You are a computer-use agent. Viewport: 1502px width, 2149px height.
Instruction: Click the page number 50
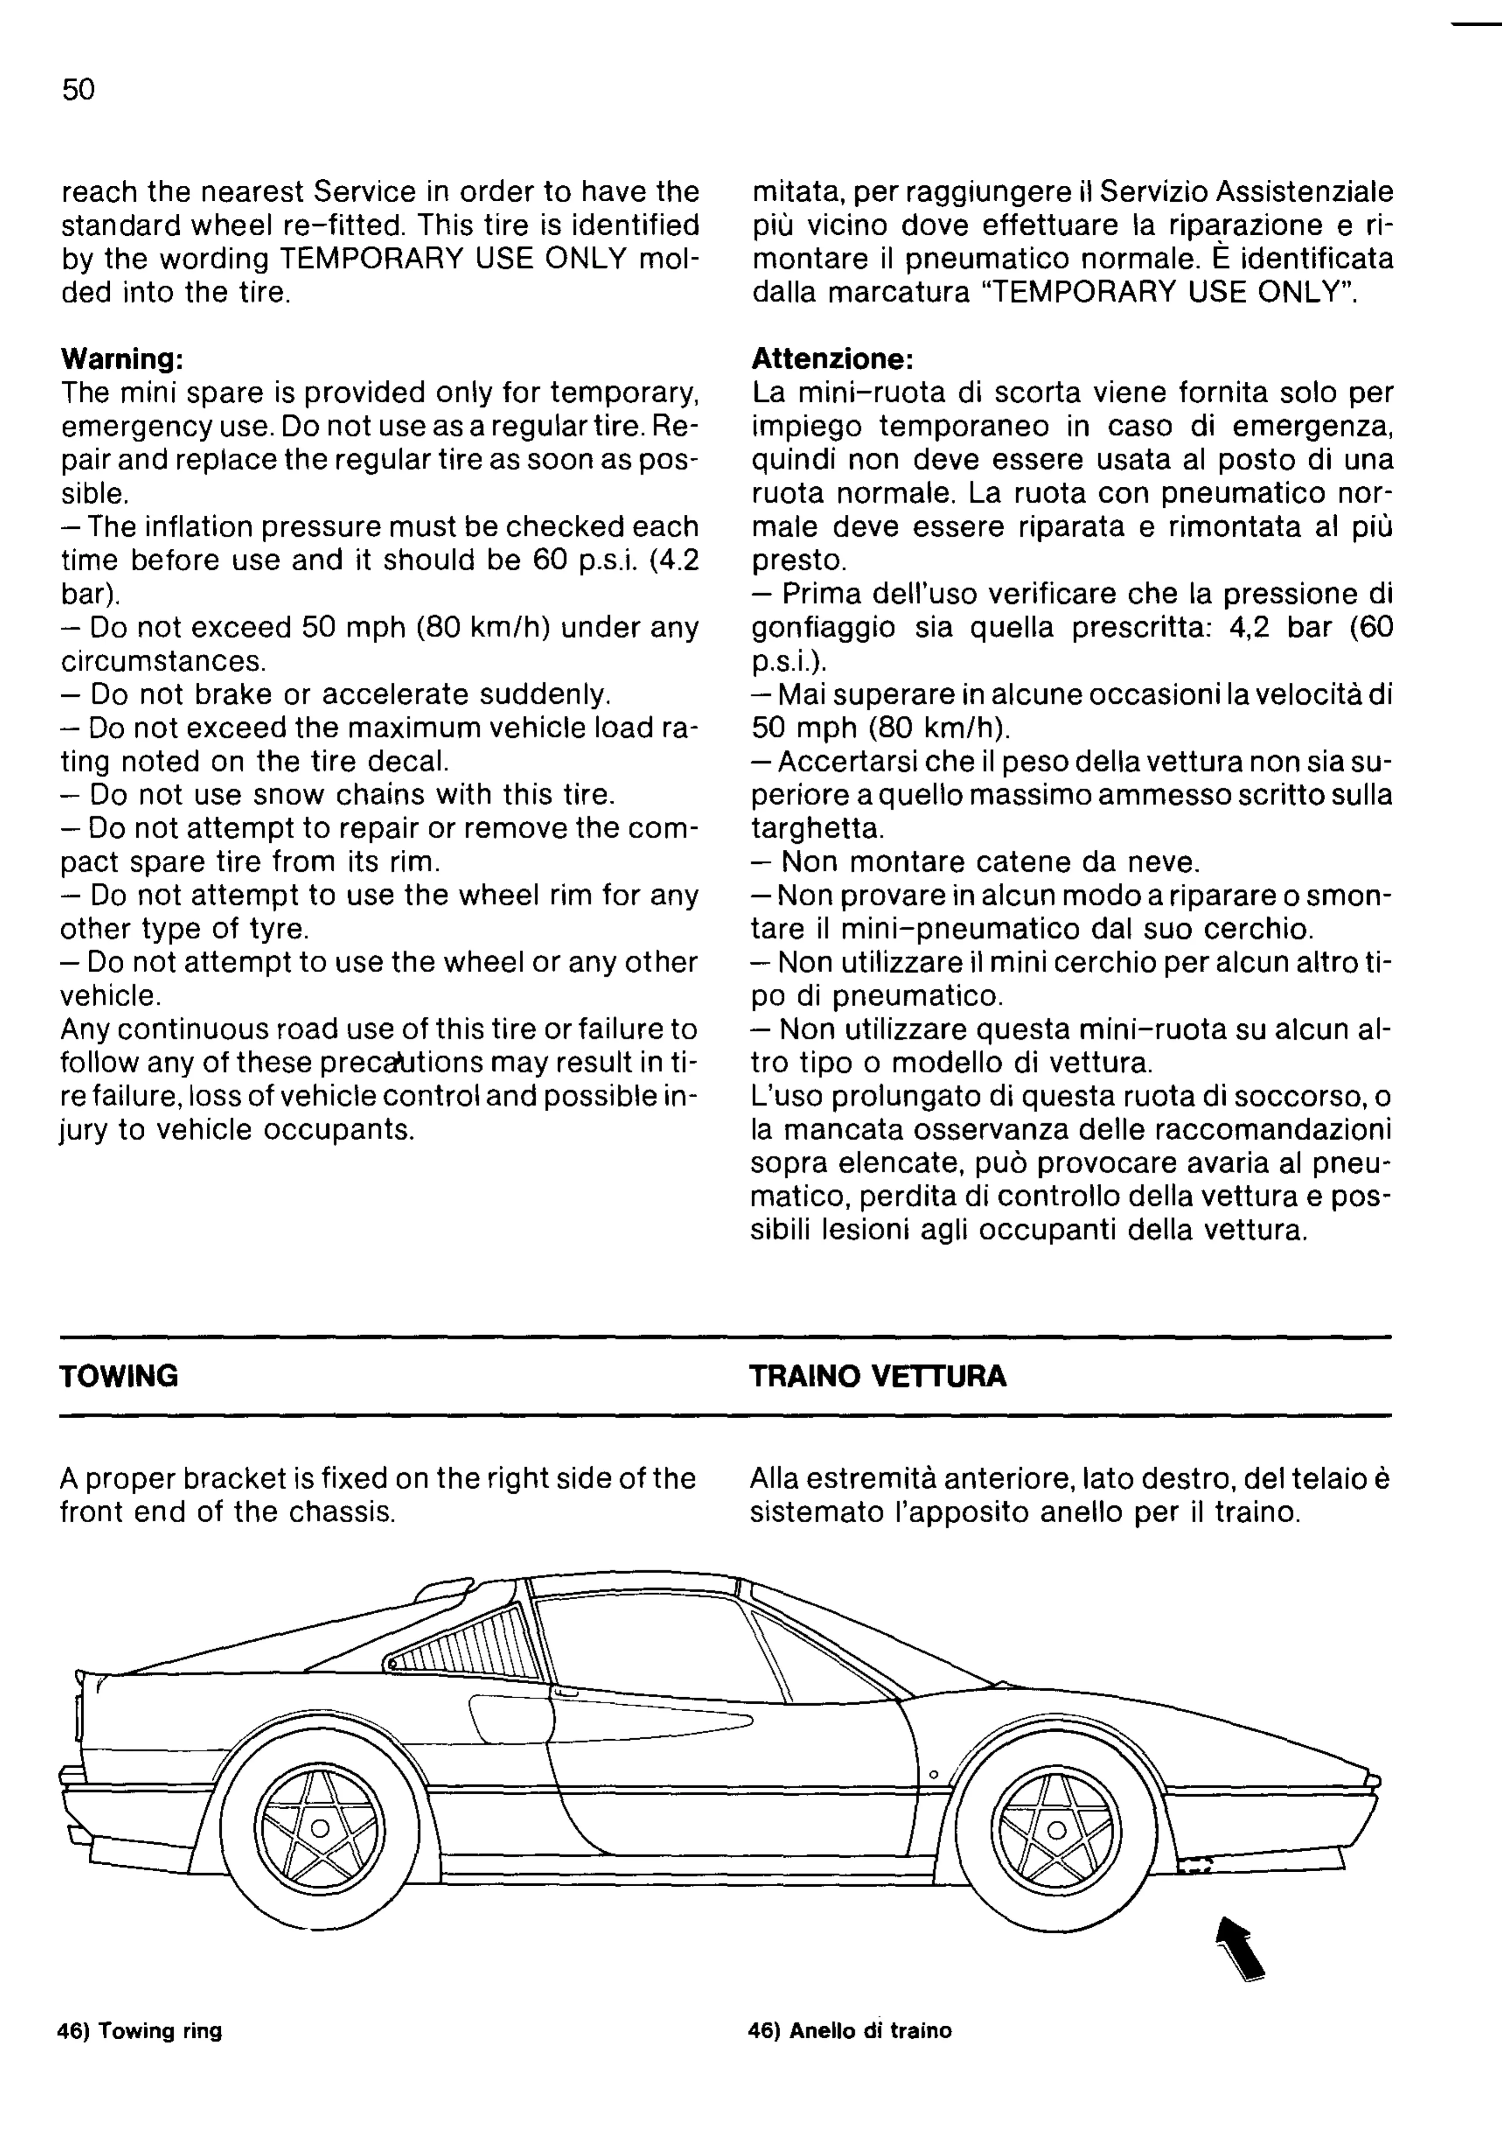pos(79,90)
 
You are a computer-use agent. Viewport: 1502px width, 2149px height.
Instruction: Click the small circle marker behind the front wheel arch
pos(933,1774)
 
